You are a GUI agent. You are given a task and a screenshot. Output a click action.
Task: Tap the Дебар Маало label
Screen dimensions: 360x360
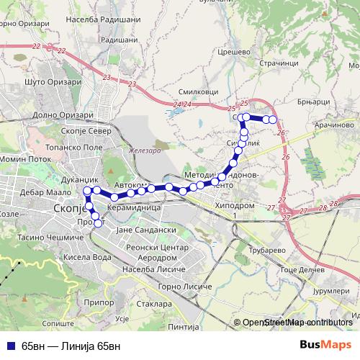(44, 193)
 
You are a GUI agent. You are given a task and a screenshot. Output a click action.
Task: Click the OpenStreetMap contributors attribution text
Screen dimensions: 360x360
(297, 322)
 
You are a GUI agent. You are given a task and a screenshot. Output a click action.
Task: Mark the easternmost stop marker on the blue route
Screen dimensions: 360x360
(273, 120)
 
